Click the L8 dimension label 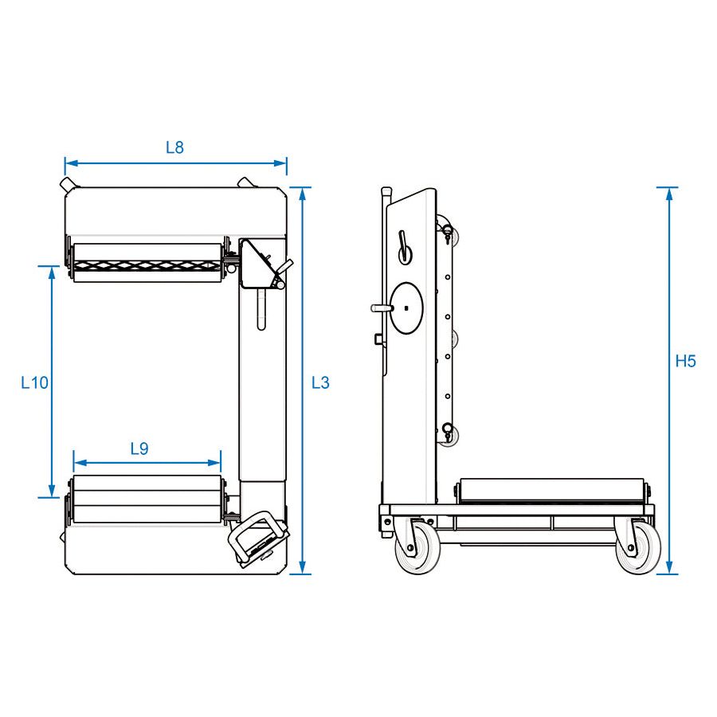point(174,147)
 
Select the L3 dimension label point(320,382)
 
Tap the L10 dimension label point(34,382)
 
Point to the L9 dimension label point(139,449)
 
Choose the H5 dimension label point(685,361)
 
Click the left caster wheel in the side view point(417,547)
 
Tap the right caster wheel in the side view point(638,547)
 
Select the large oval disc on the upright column point(406,308)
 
